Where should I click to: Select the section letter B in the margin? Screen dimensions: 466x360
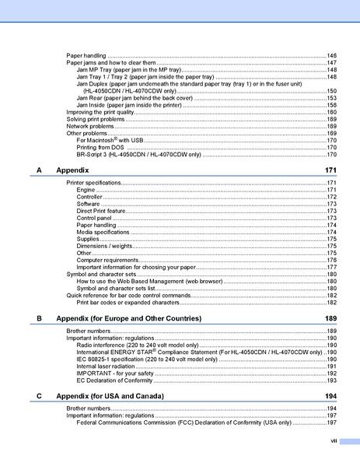[x=39, y=318]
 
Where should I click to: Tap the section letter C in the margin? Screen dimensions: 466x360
[x=39, y=396]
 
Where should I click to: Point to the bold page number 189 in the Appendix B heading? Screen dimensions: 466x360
[x=330, y=318]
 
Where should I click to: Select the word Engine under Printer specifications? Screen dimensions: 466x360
[x=86, y=189]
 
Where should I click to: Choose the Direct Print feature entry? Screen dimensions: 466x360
[x=101, y=210]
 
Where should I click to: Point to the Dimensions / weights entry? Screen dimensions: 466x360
[x=104, y=245]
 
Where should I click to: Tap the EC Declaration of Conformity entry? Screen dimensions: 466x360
[x=114, y=380]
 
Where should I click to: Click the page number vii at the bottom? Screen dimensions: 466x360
[x=332, y=440]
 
